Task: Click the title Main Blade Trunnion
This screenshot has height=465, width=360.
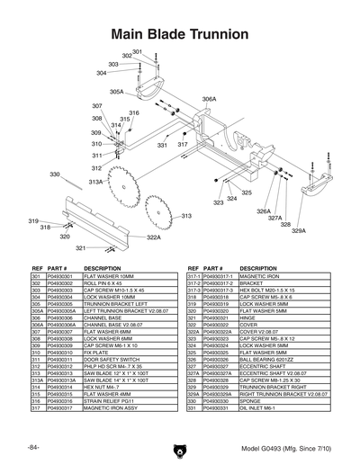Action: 180,34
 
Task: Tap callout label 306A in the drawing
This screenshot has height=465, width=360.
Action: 209,99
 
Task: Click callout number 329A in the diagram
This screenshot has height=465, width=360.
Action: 299,231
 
